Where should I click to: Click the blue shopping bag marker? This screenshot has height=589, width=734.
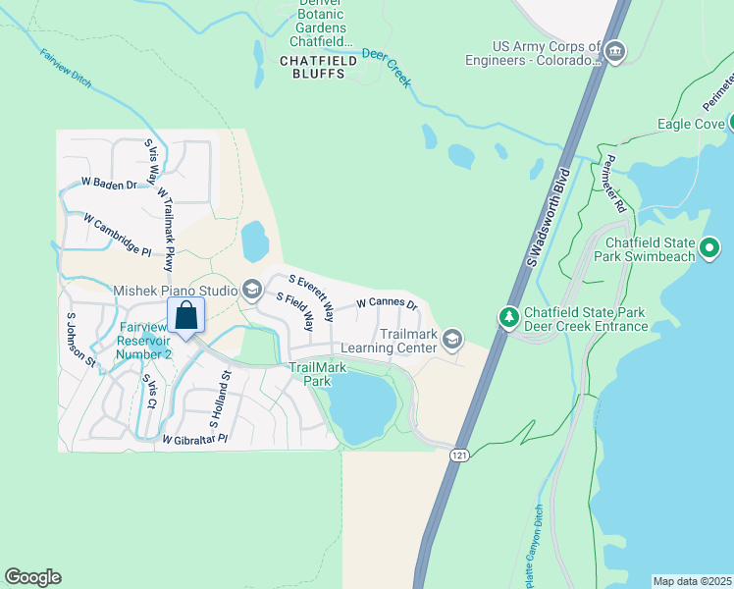(185, 316)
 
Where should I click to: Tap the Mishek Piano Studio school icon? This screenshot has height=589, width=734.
(251, 289)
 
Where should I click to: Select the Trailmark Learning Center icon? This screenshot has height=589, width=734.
(451, 340)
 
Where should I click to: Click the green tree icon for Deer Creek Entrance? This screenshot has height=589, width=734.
(508, 317)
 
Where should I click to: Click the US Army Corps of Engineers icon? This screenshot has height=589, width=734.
(614, 50)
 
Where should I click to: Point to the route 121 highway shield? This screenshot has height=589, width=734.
(459, 455)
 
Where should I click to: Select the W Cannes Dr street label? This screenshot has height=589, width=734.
(387, 304)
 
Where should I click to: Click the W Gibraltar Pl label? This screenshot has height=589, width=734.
(194, 439)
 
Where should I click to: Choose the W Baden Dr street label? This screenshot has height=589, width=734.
(107, 183)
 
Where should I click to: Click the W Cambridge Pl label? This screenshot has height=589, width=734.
(117, 235)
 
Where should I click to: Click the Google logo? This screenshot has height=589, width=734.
(32, 577)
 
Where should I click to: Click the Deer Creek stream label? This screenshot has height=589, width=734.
(385, 67)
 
